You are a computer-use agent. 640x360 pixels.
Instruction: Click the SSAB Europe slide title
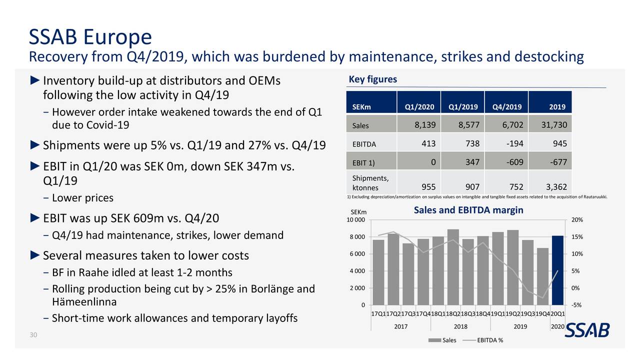tap(90, 37)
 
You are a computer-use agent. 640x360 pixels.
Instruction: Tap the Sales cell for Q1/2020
tap(418, 124)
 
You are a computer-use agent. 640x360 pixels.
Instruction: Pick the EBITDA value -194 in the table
tap(506, 143)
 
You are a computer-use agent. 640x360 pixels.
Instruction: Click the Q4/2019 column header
tap(506, 106)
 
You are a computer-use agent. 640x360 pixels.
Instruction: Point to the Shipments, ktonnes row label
tap(370, 183)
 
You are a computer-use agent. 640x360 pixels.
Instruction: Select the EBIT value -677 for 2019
tap(549, 162)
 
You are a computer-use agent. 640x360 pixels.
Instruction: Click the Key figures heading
tap(372, 79)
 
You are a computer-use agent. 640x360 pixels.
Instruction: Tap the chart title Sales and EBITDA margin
tap(468, 210)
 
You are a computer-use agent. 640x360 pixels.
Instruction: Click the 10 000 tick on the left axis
tap(356, 220)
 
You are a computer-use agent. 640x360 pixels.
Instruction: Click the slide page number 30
tap(33, 335)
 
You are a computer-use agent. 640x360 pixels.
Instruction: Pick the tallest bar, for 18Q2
tap(453, 267)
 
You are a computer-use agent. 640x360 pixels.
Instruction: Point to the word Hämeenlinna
tap(84, 302)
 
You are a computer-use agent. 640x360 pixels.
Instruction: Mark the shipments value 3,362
tap(549, 187)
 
